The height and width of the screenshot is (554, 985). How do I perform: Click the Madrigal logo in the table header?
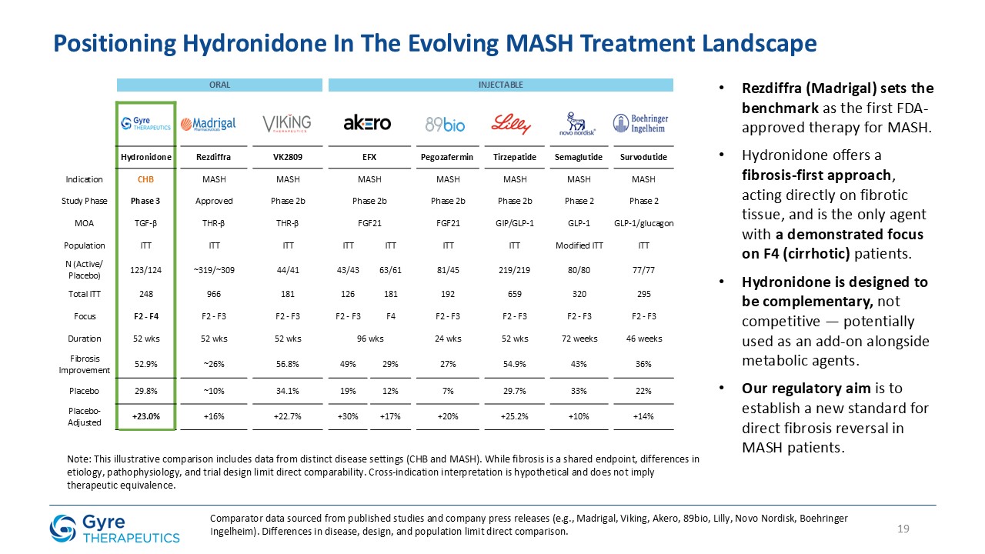[208, 124]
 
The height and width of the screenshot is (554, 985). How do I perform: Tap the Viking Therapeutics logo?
[287, 123]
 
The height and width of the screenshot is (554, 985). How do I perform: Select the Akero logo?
[367, 123]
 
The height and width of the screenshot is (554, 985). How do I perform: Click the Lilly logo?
[511, 123]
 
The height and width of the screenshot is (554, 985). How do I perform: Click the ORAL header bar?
[219, 85]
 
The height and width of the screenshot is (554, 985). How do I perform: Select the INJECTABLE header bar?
[501, 85]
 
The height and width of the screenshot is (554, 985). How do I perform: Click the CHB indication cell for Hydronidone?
[145, 179]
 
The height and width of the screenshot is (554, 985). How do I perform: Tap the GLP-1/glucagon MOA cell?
[644, 223]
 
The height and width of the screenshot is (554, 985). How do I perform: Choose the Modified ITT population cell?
[579, 245]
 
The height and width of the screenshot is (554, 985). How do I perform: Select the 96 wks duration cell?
[369, 338]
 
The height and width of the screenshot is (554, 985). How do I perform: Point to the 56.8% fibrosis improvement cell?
[288, 364]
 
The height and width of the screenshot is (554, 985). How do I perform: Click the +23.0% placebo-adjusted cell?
[145, 416]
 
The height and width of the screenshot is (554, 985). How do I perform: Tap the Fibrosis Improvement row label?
[84, 364]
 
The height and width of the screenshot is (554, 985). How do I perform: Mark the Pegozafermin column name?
[448, 158]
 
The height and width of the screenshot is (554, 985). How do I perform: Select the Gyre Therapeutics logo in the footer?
[114, 529]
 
